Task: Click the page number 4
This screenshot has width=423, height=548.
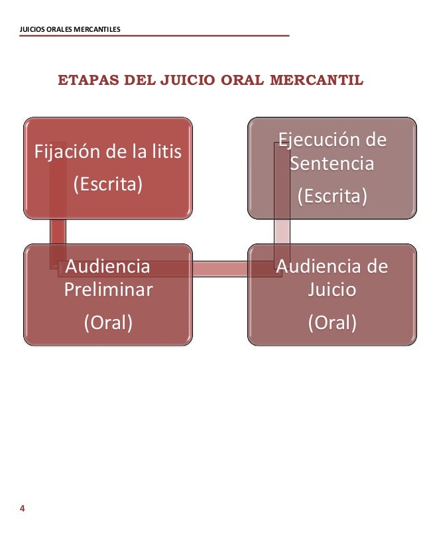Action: [x=23, y=509]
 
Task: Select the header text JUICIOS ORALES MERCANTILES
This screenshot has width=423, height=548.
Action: [x=70, y=29]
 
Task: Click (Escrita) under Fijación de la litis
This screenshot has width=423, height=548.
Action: [x=107, y=184]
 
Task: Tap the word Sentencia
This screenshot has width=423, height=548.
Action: [x=332, y=163]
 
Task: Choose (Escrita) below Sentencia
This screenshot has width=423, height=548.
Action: [x=332, y=196]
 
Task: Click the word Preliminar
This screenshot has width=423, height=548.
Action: [x=108, y=290]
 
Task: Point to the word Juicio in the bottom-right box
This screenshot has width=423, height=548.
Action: [x=332, y=290]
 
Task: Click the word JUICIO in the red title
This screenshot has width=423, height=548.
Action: [x=182, y=81]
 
